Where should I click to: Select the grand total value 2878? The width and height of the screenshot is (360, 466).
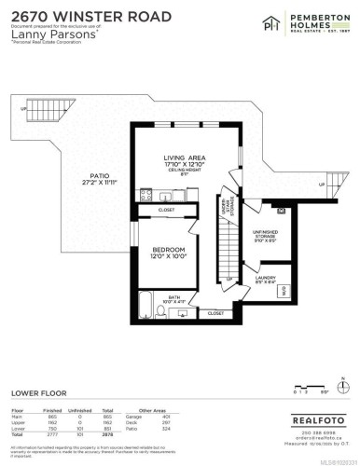108,434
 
